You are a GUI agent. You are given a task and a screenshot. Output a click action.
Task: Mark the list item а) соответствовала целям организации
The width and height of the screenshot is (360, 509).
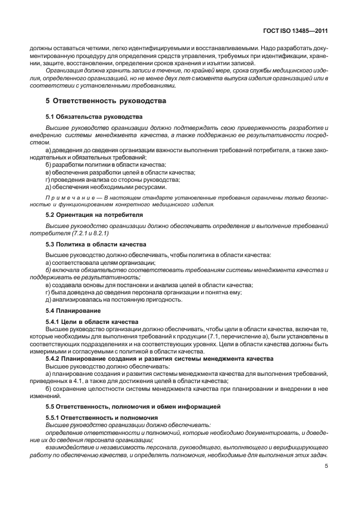point(100,262)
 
